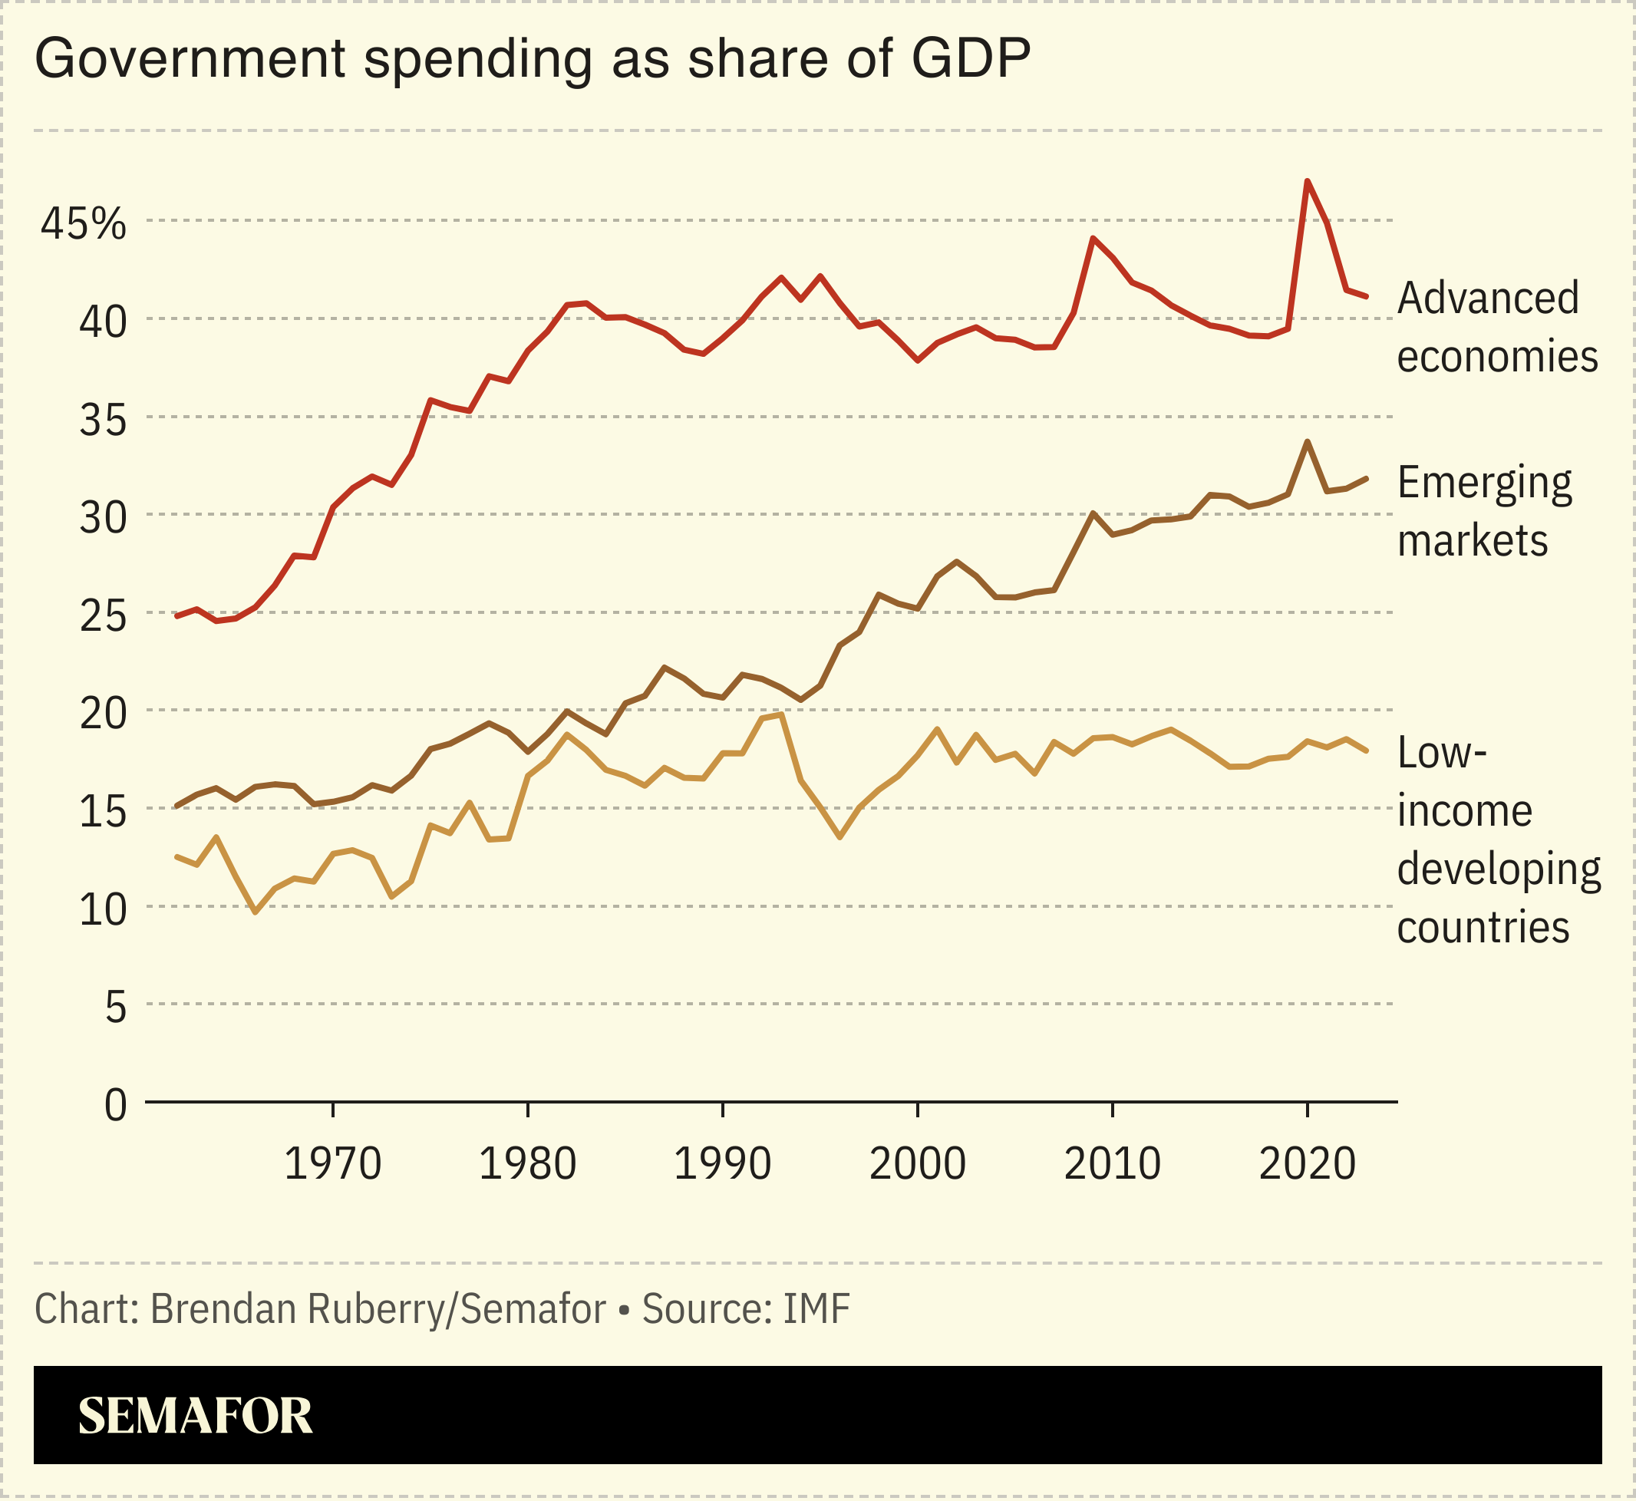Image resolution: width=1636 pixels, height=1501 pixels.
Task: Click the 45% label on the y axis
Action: click(x=83, y=223)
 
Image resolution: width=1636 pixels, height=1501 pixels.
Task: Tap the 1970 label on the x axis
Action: click(x=332, y=1164)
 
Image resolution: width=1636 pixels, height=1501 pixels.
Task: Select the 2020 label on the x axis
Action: click(x=1307, y=1164)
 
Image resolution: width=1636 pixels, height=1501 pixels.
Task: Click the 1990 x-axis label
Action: click(x=722, y=1164)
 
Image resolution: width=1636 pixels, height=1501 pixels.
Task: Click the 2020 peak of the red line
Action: click(x=1307, y=180)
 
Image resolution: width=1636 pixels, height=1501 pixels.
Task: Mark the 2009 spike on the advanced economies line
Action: click(x=1093, y=238)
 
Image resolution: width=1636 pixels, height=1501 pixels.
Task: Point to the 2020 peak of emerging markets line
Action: click(x=1307, y=441)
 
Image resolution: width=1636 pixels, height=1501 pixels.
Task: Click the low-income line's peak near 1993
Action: click(x=780, y=714)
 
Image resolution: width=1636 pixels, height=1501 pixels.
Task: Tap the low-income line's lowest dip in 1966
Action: click(x=256, y=912)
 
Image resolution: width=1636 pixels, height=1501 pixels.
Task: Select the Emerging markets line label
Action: click(x=1484, y=511)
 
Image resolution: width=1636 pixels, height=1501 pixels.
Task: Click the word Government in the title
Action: click(x=190, y=58)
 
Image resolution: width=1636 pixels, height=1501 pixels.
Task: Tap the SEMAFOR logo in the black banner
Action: click(x=195, y=1417)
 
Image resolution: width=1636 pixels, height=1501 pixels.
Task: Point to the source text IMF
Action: click(x=816, y=1308)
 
